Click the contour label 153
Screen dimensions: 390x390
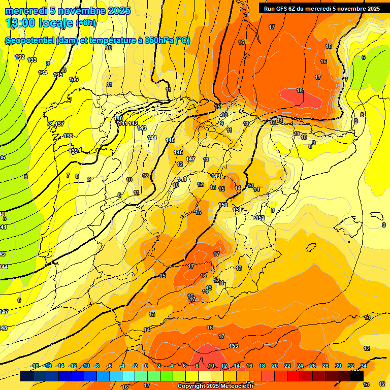click(x=234, y=346)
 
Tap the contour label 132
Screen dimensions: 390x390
click(x=20, y=57)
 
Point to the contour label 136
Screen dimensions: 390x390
click(x=74, y=79)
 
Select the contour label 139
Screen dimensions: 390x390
click(x=74, y=151)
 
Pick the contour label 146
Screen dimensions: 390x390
click(x=178, y=152)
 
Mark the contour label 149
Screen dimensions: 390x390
click(x=216, y=176)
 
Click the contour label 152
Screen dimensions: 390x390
click(x=261, y=218)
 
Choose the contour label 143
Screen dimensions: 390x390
click(x=142, y=128)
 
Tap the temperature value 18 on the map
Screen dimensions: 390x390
click(x=300, y=90)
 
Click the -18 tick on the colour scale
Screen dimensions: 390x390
click(x=35, y=366)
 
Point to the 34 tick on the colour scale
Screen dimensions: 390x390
click(x=364, y=366)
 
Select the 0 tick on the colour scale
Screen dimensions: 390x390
click(x=146, y=366)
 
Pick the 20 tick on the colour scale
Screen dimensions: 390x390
click(x=275, y=366)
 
